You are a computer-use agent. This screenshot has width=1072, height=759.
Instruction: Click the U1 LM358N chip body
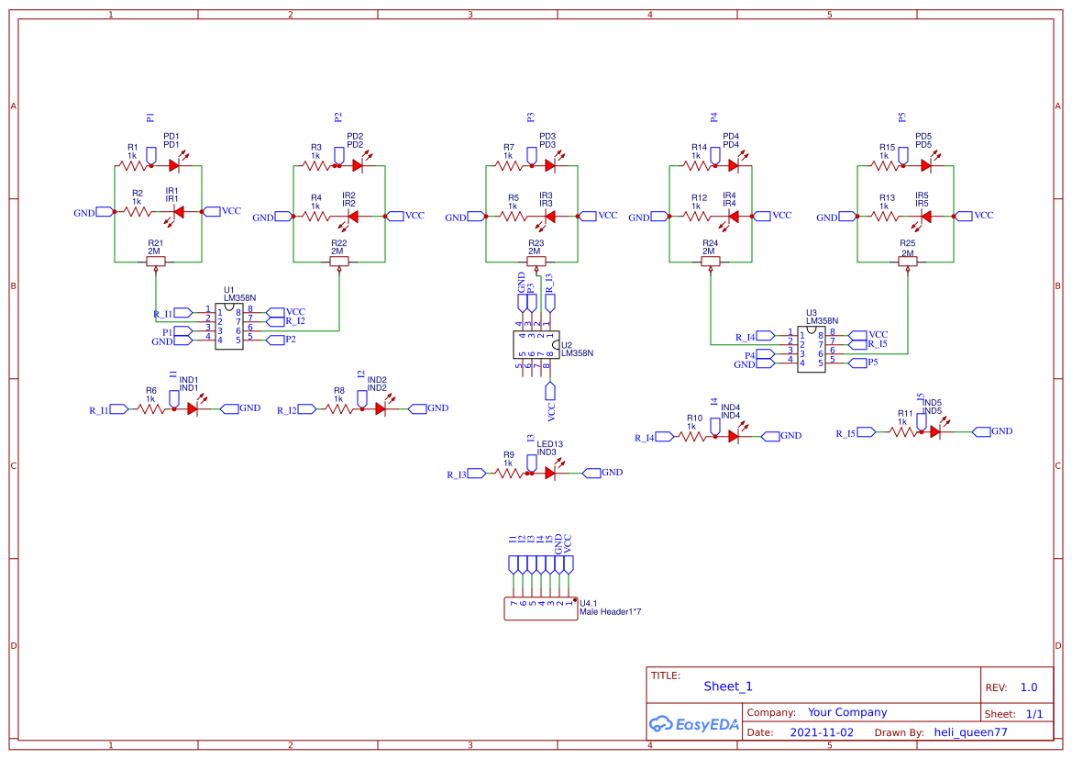pos(228,326)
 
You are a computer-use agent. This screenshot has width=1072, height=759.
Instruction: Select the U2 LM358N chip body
pos(536,344)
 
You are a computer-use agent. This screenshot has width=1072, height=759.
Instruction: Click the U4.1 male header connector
pos(540,608)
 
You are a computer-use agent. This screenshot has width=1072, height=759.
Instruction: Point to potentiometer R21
pos(156,262)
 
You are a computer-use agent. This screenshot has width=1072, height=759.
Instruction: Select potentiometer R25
pos(908,262)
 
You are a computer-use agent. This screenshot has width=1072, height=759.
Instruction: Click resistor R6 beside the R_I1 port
pos(152,409)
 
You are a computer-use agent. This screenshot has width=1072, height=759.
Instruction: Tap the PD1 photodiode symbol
pos(173,166)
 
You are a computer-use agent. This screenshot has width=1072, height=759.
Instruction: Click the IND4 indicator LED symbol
pos(733,437)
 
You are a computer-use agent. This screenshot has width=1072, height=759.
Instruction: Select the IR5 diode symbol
pos(925,217)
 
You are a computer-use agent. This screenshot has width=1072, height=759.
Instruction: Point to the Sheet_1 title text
pos(728,686)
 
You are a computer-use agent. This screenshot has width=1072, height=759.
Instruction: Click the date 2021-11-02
pos(822,732)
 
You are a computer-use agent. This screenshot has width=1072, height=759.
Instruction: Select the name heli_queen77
pos(970,732)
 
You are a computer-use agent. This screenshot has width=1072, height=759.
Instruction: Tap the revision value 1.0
pos(1028,687)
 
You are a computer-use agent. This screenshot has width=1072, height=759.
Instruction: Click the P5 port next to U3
pos(861,363)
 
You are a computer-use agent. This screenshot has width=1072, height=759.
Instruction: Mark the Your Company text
pos(846,712)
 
